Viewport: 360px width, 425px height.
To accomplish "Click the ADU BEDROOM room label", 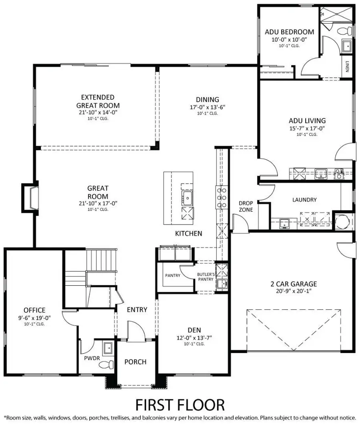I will tap(289, 32).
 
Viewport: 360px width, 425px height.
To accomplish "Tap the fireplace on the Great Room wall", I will tap(30, 196).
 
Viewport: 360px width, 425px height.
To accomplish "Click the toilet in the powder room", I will tap(105, 364).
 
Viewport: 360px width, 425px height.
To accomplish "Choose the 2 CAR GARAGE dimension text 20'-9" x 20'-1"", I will tap(293, 291).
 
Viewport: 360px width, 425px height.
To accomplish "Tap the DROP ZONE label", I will tap(246, 206).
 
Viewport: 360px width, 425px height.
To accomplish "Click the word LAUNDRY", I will tap(304, 200).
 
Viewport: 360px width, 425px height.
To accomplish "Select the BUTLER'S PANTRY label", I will tap(206, 277).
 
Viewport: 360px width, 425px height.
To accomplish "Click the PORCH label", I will tap(135, 362).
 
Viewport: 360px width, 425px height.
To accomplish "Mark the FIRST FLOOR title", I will tap(180, 405).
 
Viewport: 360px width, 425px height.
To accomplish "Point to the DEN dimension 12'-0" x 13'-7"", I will tap(194, 337).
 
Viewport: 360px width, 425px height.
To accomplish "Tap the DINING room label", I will tap(207, 100).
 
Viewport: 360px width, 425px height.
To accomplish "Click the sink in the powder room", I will tap(108, 348).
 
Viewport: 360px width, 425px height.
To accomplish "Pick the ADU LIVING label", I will tap(307, 120).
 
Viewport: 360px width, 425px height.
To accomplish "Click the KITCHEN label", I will tap(188, 233).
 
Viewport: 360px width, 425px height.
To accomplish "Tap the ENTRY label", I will tap(137, 309).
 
